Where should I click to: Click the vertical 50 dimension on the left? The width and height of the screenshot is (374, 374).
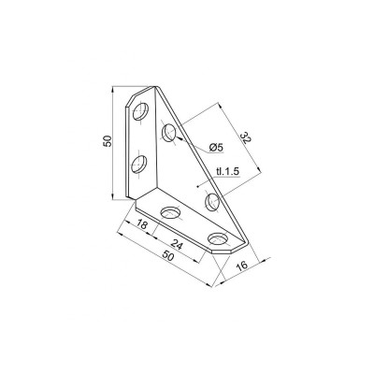(108, 141)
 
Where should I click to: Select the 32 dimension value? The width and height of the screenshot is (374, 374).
(245, 138)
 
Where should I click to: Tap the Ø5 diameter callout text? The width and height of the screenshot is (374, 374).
(217, 148)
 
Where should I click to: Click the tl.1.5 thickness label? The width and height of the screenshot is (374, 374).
(227, 171)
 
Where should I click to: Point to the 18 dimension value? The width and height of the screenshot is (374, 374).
(141, 224)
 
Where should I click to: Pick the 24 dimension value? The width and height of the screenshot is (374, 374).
(177, 245)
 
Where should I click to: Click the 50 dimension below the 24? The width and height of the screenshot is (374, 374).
(167, 256)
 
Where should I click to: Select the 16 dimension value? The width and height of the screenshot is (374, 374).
(242, 266)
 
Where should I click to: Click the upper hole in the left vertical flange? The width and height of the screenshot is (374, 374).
(140, 111)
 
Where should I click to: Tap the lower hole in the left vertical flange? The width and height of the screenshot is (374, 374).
(139, 164)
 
